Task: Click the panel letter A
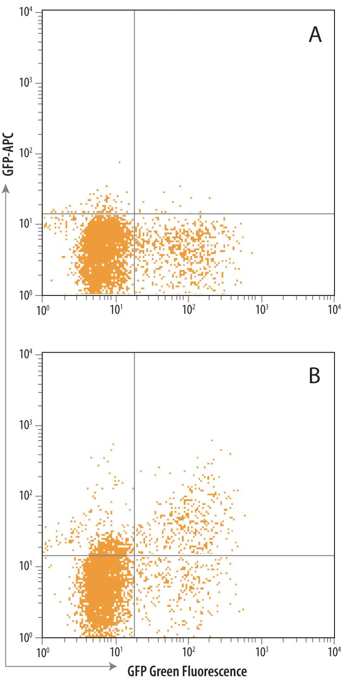(x=315, y=35)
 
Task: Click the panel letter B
(x=315, y=377)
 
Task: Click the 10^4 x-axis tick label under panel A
(x=334, y=308)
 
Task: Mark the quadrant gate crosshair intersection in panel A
(x=135, y=214)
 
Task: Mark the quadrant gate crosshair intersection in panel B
(x=134, y=555)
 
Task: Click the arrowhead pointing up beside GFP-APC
(x=6, y=188)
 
